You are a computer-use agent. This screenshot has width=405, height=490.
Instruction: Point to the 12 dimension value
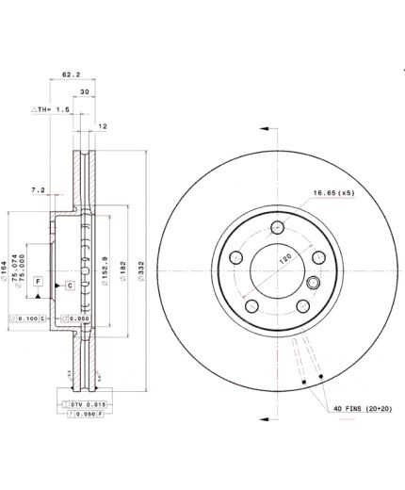click(102, 126)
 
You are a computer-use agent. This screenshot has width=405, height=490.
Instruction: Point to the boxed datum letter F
click(39, 282)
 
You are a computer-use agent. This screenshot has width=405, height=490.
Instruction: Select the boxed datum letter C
click(70, 286)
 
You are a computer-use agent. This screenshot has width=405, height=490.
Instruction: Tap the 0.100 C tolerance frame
click(27, 319)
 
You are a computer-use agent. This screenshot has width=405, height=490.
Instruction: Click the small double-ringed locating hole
click(315, 281)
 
